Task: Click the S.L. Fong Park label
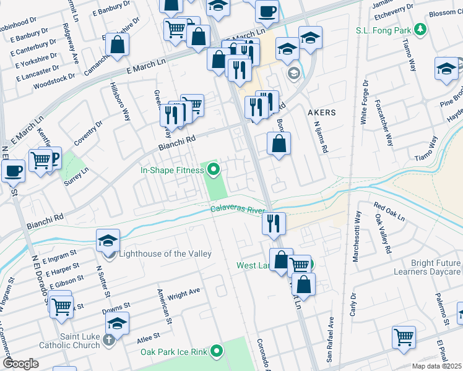point(383,30)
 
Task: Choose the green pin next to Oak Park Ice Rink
point(216,352)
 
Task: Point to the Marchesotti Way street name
point(357,237)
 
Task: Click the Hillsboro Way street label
point(120,101)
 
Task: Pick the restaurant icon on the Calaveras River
point(274,223)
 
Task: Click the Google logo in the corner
point(21,364)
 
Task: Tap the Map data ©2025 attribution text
point(436,366)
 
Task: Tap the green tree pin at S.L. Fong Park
point(421,29)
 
